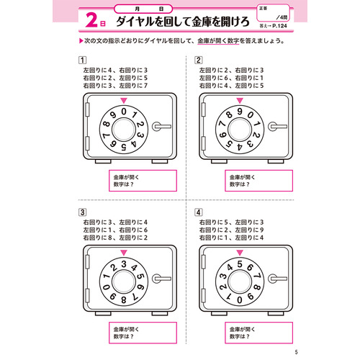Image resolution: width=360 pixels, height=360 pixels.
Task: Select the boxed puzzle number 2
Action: tap(198, 60)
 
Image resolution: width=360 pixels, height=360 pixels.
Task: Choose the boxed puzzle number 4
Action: tap(198, 212)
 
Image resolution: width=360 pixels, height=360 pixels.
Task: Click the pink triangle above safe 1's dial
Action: tap(124, 101)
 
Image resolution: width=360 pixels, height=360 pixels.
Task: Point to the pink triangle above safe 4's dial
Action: tap(239, 252)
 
